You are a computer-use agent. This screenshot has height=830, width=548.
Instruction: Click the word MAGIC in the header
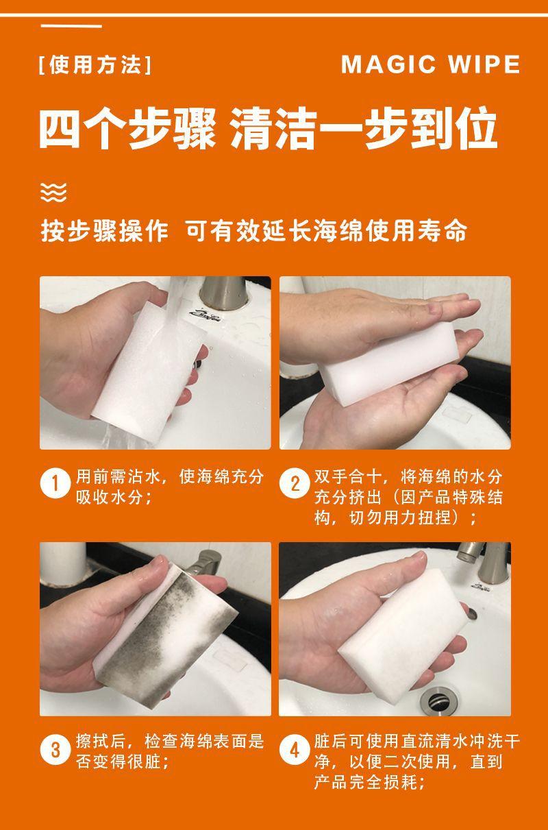coord(388,64)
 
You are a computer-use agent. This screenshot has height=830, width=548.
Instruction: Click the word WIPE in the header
coord(484,64)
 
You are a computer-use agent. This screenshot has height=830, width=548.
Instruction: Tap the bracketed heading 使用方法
coord(95,65)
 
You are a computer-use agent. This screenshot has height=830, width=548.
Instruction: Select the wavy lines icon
coord(53,192)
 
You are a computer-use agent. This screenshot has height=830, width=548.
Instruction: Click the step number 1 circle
coord(55,484)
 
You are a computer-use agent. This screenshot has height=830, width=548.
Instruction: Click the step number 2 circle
coord(295,484)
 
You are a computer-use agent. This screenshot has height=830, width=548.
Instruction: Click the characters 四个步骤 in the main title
coord(127,128)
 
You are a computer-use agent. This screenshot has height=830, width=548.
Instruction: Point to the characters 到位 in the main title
coord(453,128)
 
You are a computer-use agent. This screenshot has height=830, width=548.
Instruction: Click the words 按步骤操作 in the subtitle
coord(104,231)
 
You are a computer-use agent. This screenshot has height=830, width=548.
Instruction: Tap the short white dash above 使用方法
coord(71,26)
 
